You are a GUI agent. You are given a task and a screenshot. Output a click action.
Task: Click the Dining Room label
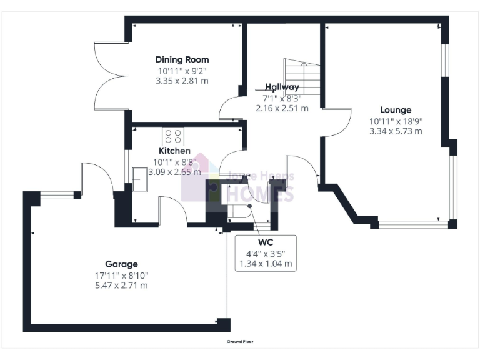click(x=182, y=60)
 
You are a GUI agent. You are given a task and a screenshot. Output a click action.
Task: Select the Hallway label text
click(x=282, y=87)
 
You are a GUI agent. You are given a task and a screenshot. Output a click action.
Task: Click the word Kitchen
click(x=174, y=151)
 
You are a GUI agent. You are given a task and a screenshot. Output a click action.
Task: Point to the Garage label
click(x=121, y=264)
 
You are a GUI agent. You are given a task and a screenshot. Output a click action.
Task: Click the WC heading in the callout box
click(x=266, y=242)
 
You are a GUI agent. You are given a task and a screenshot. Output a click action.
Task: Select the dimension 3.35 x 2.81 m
click(x=182, y=81)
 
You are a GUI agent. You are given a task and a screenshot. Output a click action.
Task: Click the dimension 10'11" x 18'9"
click(x=395, y=121)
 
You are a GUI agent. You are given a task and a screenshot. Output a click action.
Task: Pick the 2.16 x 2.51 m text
click(x=282, y=107)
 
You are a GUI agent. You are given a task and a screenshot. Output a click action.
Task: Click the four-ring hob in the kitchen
click(x=173, y=136)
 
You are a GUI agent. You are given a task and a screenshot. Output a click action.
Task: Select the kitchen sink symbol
click(x=141, y=177)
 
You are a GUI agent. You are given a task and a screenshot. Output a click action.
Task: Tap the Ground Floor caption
click(x=240, y=342)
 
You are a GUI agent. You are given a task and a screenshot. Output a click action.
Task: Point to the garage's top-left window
click(x=57, y=196)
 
